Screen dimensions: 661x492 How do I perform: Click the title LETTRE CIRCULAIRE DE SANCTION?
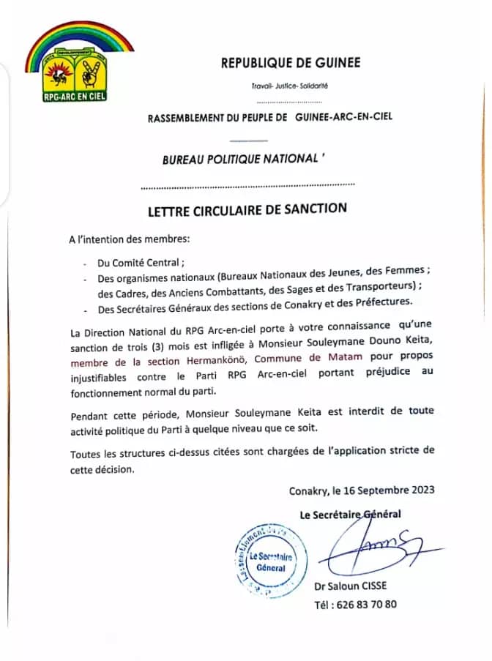[x=247, y=209]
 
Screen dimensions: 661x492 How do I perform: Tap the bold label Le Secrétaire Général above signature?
[x=350, y=514]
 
